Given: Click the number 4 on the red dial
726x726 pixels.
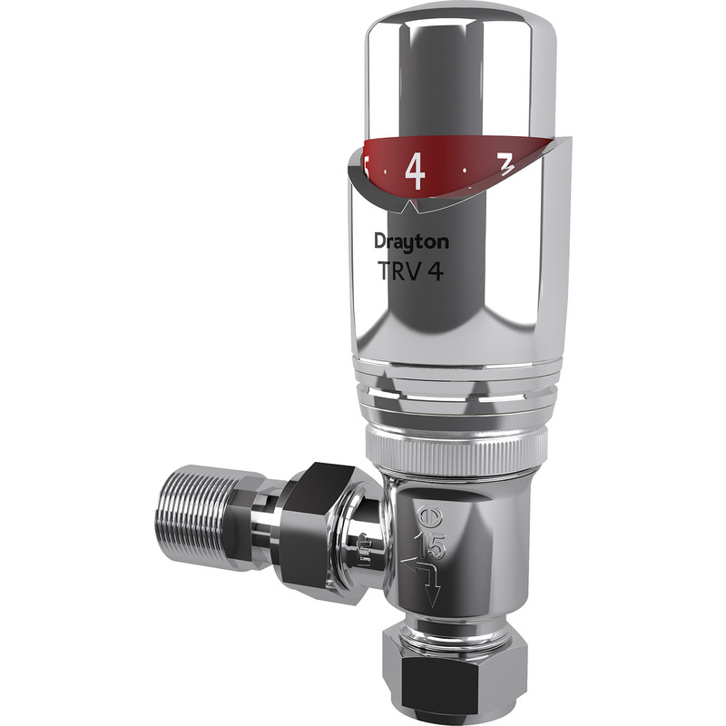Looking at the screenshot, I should [x=415, y=171].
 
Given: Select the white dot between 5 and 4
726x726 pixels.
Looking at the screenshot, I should [x=386, y=170].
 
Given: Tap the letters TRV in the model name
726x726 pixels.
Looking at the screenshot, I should [x=397, y=271].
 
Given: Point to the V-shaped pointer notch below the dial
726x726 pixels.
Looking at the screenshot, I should [x=410, y=208].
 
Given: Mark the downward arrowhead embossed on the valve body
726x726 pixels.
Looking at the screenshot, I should [x=433, y=598].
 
